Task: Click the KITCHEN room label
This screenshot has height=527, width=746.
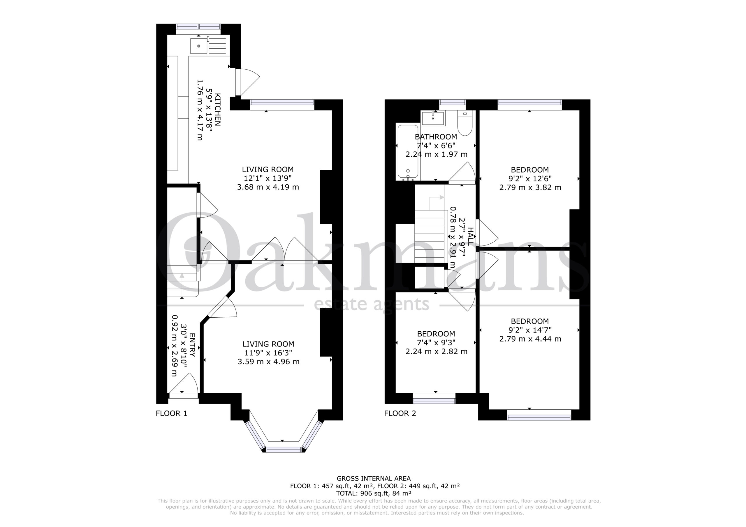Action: tap(218, 110)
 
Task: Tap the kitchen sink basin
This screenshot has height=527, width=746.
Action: tap(199, 46)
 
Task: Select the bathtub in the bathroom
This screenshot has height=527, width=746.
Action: tap(408, 152)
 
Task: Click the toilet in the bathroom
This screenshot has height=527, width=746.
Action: tap(465, 123)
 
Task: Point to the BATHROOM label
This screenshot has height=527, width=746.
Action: tap(436, 137)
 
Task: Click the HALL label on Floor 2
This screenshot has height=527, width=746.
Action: tap(470, 236)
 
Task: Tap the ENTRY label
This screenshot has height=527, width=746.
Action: tap(192, 345)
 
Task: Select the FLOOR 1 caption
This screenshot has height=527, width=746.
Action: tap(172, 413)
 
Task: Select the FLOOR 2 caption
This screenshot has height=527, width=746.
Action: tap(400, 413)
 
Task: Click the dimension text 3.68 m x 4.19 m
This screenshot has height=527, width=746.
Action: tap(268, 187)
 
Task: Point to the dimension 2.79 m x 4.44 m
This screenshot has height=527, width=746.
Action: tap(530, 339)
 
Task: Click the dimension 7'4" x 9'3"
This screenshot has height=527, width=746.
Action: tap(436, 343)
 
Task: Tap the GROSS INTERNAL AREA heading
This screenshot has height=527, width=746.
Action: tap(374, 478)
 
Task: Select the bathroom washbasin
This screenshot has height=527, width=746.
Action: tap(433, 118)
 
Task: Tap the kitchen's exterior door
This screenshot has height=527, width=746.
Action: tap(238, 82)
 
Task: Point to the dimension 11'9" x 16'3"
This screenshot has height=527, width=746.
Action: tap(268, 353)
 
